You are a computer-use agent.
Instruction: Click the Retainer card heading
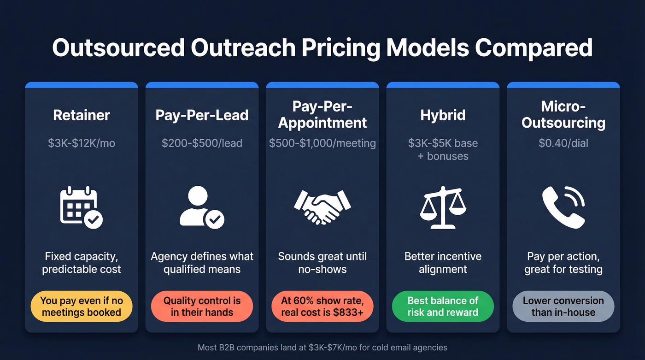tap(82, 115)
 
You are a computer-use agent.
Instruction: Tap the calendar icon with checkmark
tap(82, 207)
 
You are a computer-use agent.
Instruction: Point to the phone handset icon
tap(563, 207)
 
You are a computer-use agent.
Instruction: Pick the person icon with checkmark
tap(202, 207)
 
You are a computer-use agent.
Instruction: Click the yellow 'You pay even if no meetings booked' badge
tap(82, 307)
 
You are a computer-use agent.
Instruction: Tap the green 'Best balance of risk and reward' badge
tap(443, 307)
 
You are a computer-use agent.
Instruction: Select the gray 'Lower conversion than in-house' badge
tap(563, 307)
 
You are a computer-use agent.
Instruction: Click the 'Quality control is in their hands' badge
tap(202, 307)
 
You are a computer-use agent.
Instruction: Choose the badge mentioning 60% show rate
tap(322, 307)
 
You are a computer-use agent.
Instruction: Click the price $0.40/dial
tap(563, 143)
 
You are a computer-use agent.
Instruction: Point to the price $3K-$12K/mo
tap(82, 143)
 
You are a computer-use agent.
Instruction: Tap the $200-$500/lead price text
tap(202, 143)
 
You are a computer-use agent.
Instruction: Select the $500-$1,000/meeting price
tap(322, 143)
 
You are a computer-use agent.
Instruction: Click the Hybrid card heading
tap(443, 115)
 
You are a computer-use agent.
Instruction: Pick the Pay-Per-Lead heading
tap(202, 115)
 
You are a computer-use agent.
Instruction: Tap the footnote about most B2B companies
tap(322, 347)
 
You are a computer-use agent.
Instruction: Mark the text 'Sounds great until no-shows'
tap(322, 263)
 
